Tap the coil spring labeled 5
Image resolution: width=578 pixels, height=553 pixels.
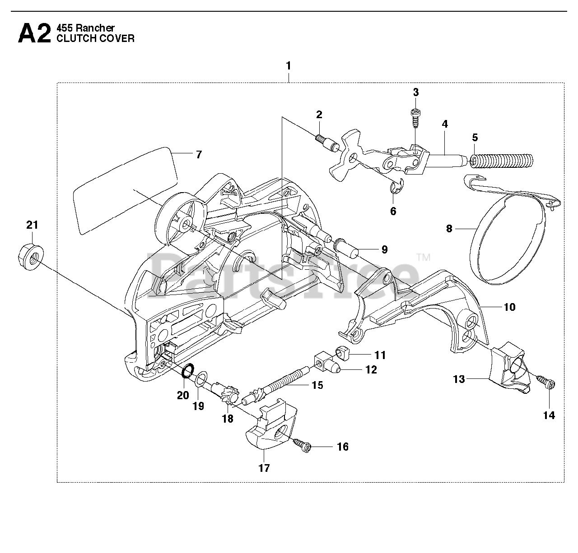[x=501, y=161]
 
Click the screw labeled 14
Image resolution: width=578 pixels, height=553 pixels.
[x=547, y=383]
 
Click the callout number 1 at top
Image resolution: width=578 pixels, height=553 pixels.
[x=288, y=66]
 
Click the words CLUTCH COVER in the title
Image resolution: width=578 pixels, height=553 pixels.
[x=95, y=38]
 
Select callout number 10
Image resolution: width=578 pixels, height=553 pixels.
[x=509, y=307]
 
